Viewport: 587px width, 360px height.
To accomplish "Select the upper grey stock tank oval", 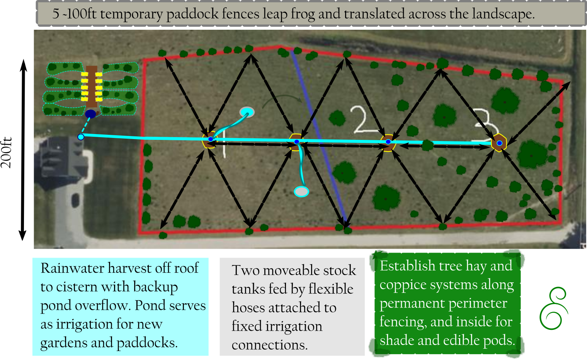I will click(247, 112).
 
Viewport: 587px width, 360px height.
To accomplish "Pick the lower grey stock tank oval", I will click(301, 191).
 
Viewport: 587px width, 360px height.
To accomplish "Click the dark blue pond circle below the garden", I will click(90, 114).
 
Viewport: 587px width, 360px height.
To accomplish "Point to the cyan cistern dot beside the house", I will click(81, 137).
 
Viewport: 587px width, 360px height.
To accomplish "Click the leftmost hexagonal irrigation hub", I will click(209, 140).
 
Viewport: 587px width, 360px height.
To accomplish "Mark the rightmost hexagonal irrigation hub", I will click(499, 143).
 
